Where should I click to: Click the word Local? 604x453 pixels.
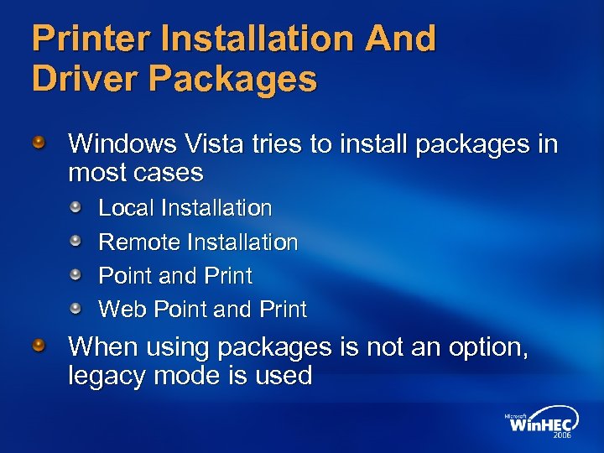pyautogui.click(x=127, y=207)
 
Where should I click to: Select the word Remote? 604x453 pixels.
pyautogui.click(x=140, y=242)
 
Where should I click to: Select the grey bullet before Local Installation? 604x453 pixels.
pyautogui.click(x=75, y=207)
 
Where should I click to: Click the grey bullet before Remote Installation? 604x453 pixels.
pyautogui.click(x=75, y=242)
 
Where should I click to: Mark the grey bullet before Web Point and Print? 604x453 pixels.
pyautogui.click(x=75, y=309)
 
